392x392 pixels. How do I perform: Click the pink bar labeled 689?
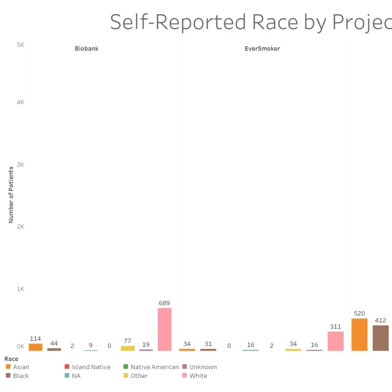(x=164, y=329)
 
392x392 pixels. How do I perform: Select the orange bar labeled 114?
(x=35, y=347)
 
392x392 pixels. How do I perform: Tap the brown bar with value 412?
(x=381, y=338)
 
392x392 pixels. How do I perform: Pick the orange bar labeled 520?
(x=359, y=334)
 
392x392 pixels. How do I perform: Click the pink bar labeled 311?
(x=335, y=341)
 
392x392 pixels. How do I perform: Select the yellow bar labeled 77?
(x=127, y=348)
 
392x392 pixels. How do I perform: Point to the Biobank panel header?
(x=87, y=48)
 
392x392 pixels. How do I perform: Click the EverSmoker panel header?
(x=262, y=48)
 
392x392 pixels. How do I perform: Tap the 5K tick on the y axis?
(x=20, y=45)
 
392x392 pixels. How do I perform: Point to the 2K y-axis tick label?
(x=20, y=226)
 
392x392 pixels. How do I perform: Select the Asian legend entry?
(x=21, y=367)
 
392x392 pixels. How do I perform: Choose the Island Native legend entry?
(x=90, y=367)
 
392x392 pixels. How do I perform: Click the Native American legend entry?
(x=154, y=367)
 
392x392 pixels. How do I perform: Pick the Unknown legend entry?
(x=203, y=367)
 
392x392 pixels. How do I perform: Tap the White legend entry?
(x=198, y=376)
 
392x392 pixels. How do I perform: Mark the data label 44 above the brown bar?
(x=54, y=343)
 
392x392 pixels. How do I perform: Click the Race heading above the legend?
(x=11, y=359)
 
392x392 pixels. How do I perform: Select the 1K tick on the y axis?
(x=20, y=289)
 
